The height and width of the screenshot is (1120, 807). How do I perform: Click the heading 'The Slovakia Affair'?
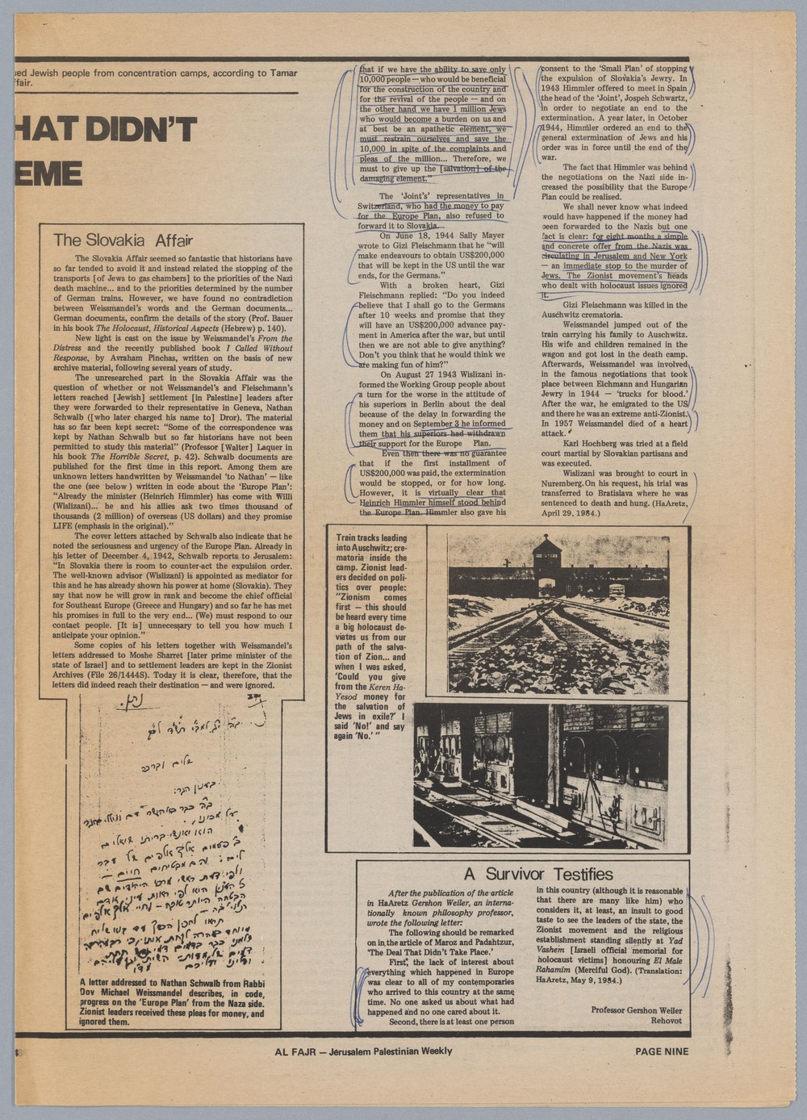(122, 240)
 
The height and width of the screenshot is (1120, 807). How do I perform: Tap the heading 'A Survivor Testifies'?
(538, 874)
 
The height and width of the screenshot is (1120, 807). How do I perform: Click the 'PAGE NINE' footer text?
(662, 1051)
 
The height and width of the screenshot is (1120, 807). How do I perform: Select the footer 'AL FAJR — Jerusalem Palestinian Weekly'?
(363, 1051)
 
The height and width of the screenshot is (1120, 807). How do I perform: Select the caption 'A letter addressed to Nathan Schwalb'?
(172, 1001)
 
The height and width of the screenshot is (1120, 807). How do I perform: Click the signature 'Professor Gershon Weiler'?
(636, 1010)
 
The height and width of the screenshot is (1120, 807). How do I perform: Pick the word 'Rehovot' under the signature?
(666, 1021)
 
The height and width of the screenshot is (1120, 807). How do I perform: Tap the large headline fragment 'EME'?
(48, 173)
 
